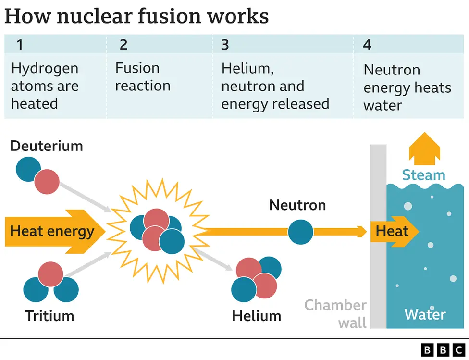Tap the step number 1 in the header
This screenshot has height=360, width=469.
pyautogui.click(x=19, y=45)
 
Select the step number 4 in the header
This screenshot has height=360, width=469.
pyautogui.click(x=367, y=45)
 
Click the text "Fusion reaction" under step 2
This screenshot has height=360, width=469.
pyautogui.click(x=143, y=77)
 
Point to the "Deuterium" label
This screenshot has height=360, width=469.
pyautogui.click(x=46, y=146)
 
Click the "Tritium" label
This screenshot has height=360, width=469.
pyautogui.click(x=49, y=316)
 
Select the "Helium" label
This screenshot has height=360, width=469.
pyautogui.click(x=256, y=316)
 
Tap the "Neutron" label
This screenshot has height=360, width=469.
pyautogui.click(x=297, y=205)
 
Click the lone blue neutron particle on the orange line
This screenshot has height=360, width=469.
pyautogui.click(x=300, y=232)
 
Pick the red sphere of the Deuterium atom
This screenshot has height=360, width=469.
pyautogui.click(x=47, y=182)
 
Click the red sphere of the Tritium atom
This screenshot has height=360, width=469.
pyautogui.click(x=51, y=274)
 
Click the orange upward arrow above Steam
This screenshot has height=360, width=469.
pyautogui.click(x=424, y=149)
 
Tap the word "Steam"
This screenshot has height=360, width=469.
pyautogui.click(x=423, y=175)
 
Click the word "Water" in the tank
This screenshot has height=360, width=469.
pyautogui.click(x=425, y=314)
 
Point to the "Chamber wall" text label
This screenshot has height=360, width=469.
pyautogui.click(x=336, y=313)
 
